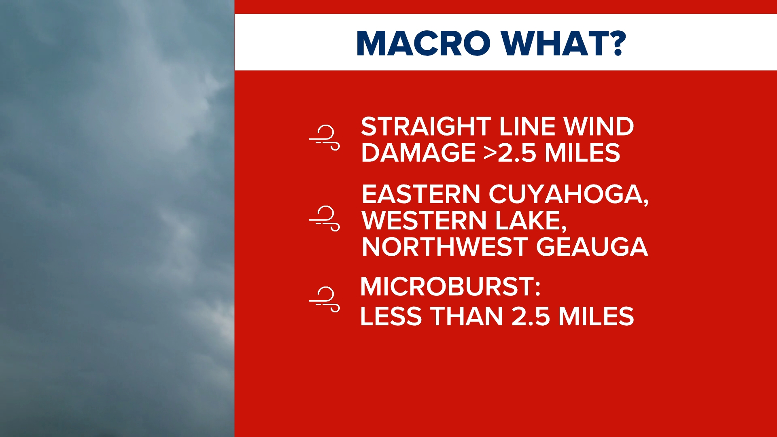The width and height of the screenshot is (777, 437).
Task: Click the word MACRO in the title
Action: [x=423, y=43]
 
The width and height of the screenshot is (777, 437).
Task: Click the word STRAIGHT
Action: [x=426, y=127]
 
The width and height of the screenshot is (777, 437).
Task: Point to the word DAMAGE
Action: [x=418, y=153]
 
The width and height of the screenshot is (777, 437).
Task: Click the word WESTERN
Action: [x=424, y=221]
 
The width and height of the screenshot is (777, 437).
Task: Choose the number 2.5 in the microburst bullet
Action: [x=531, y=316]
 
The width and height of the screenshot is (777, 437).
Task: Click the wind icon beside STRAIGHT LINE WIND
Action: [x=325, y=138]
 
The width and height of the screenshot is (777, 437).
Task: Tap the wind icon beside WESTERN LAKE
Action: [x=325, y=218]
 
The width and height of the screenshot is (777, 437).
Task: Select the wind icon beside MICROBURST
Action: [x=325, y=299]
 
